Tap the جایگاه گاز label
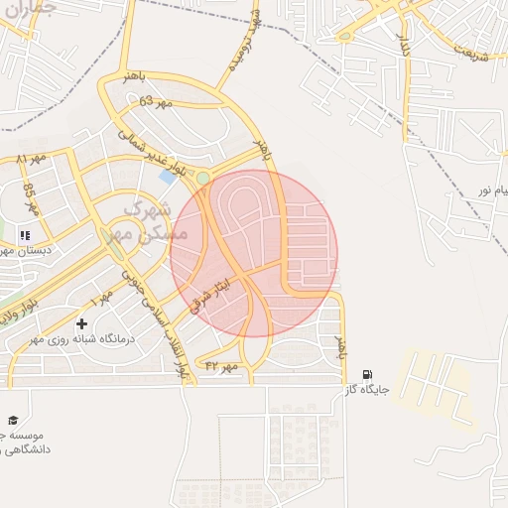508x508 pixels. (365, 391)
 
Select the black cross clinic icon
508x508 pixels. (81, 323)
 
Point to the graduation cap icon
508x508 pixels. (13, 422)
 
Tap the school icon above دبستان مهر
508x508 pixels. (25, 235)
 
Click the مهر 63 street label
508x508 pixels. (156, 101)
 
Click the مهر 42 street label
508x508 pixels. (223, 366)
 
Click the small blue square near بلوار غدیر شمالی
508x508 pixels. (165, 177)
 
